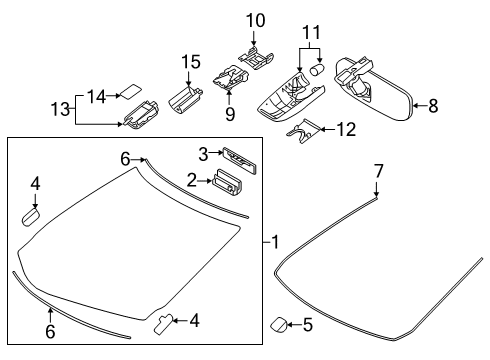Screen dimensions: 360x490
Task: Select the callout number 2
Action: click(x=190, y=180)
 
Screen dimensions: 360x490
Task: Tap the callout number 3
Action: click(x=203, y=153)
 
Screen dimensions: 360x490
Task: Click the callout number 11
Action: click(x=312, y=33)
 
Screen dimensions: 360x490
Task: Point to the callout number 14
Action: click(x=95, y=96)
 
